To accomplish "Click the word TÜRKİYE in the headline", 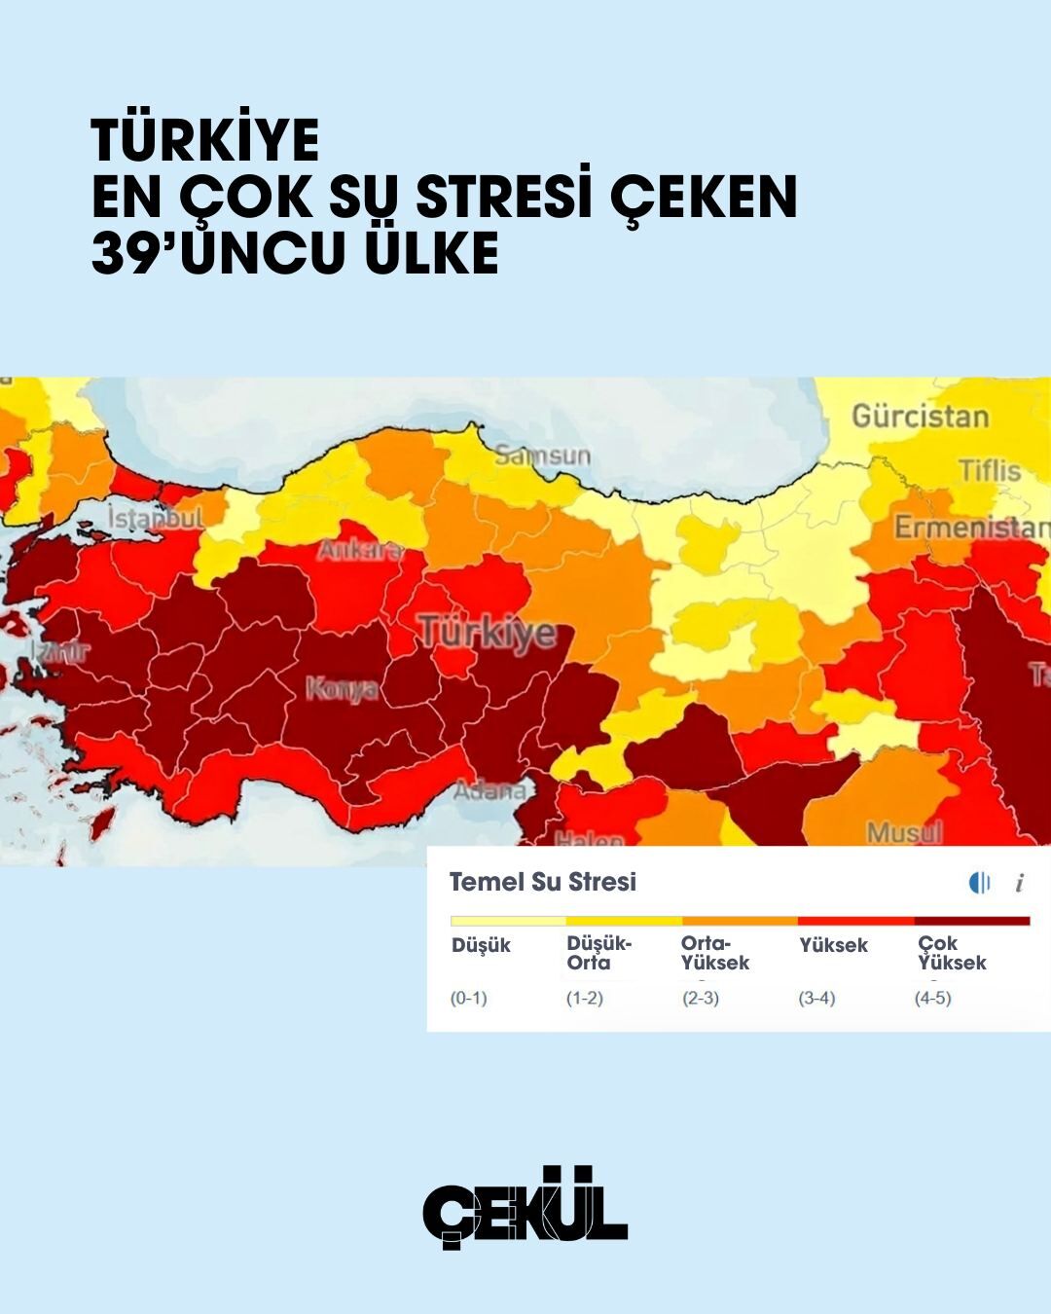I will (205, 140).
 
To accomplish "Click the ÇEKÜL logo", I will (525, 1207).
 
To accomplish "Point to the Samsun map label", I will (542, 456).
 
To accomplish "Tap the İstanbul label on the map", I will (156, 518).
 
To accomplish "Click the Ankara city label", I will (359, 551).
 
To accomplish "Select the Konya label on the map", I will (342, 689).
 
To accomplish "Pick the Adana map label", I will (489, 789).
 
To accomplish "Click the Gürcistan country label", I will (920, 417).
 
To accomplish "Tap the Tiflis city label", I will (989, 471).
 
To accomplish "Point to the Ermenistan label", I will (971, 528).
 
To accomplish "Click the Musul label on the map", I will (904, 833).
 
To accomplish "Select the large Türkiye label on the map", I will (488, 633).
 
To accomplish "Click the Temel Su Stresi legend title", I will (542, 883).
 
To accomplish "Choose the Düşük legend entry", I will (481, 945).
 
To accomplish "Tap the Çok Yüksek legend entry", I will (951, 953).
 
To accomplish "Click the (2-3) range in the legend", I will (701, 998).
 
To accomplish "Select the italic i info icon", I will (1019, 883).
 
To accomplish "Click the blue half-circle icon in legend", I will (979, 883).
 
